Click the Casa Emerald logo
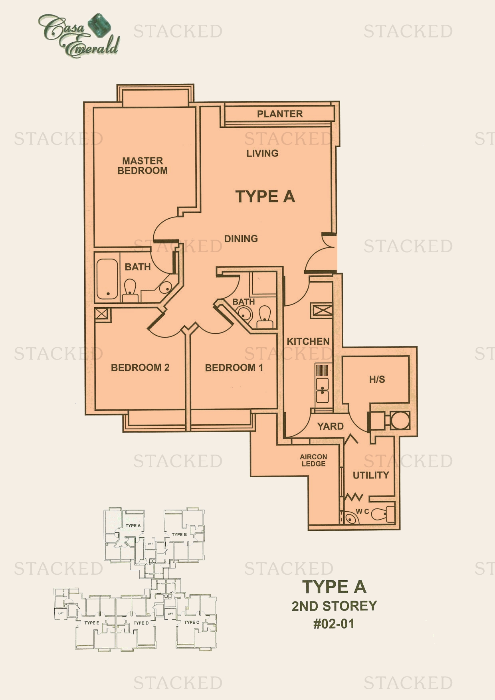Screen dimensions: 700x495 (79, 36)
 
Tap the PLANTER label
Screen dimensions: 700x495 (279, 114)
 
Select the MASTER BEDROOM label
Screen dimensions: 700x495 (143, 166)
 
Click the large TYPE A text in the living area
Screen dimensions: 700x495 (265, 196)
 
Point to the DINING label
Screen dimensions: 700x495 (241, 239)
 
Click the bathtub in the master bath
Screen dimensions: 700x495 (107, 279)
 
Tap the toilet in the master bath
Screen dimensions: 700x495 (130, 289)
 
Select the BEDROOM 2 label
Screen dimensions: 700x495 (140, 368)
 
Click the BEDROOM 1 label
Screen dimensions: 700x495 (234, 368)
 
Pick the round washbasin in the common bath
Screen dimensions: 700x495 (245, 315)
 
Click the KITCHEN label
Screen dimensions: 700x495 (308, 342)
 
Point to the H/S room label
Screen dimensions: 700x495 (377, 380)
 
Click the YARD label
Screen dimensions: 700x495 (330, 426)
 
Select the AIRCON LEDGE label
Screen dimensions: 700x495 (314, 460)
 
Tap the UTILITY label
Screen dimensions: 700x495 (370, 475)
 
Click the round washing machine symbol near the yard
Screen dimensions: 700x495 (400, 421)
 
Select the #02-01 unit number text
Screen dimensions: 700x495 (334, 624)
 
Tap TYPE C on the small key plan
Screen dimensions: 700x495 (192, 622)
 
